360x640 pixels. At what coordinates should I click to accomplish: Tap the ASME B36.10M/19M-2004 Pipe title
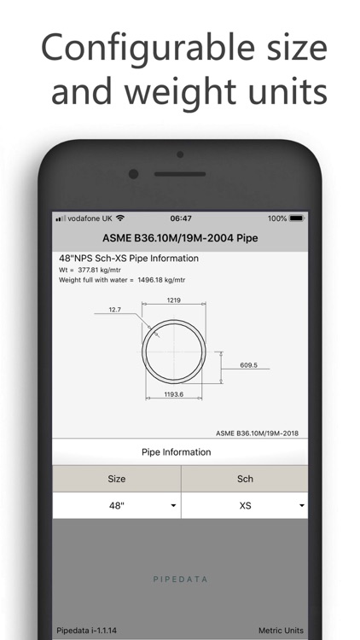[x=180, y=238]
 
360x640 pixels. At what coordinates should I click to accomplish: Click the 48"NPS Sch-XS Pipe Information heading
[x=128, y=259]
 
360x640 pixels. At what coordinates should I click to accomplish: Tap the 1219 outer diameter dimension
[x=174, y=300]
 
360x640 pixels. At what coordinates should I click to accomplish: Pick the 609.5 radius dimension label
[x=248, y=364]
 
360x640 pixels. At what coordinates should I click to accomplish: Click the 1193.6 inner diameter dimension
[x=174, y=394]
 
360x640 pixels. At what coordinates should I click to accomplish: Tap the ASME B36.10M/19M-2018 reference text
[x=257, y=433]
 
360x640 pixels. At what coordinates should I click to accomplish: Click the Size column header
[x=117, y=479]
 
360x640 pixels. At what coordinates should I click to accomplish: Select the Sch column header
[x=245, y=479]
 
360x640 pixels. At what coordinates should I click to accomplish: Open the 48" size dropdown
[x=117, y=505]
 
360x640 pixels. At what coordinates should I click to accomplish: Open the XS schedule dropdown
[x=245, y=505]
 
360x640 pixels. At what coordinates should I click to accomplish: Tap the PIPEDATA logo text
[x=180, y=579]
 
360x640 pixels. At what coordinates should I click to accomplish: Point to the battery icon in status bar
[x=296, y=218]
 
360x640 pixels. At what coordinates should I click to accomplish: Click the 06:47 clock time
[x=180, y=218]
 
